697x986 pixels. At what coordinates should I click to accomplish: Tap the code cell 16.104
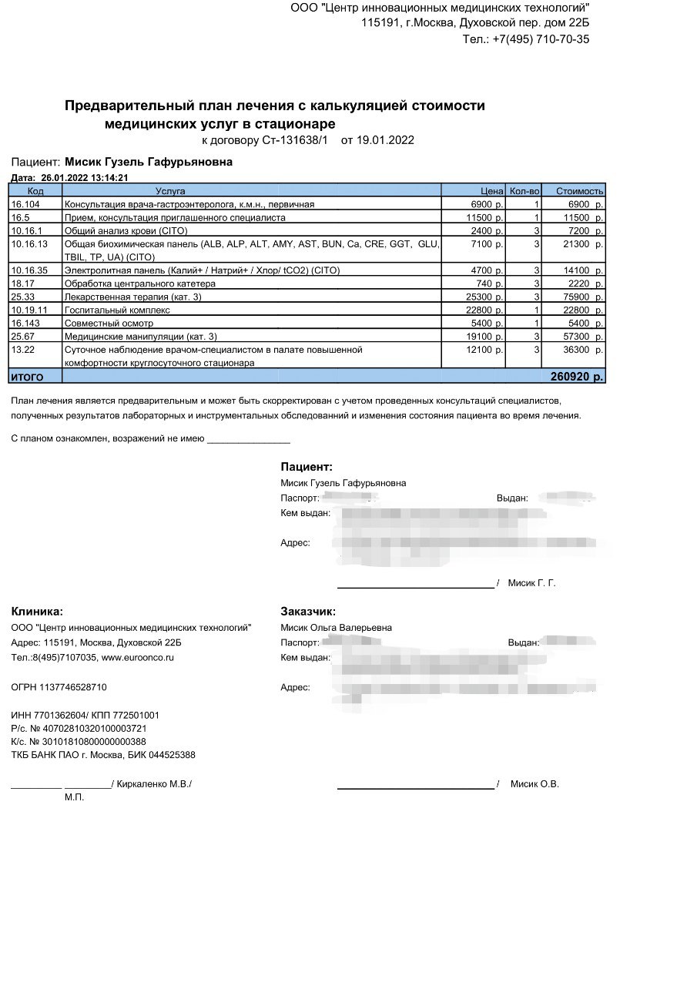click(25, 204)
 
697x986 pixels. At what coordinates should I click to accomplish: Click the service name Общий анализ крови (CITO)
click(121, 231)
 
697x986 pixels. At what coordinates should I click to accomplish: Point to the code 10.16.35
click(28, 270)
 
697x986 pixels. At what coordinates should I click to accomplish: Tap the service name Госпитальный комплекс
click(117, 310)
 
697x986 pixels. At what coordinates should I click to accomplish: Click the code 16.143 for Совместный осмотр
click(25, 323)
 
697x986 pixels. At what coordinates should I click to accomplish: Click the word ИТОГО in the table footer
click(27, 377)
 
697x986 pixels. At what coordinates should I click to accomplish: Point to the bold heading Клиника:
click(37, 612)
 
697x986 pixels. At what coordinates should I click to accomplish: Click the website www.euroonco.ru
click(138, 658)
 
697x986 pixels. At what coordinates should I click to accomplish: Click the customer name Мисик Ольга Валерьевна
click(336, 628)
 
